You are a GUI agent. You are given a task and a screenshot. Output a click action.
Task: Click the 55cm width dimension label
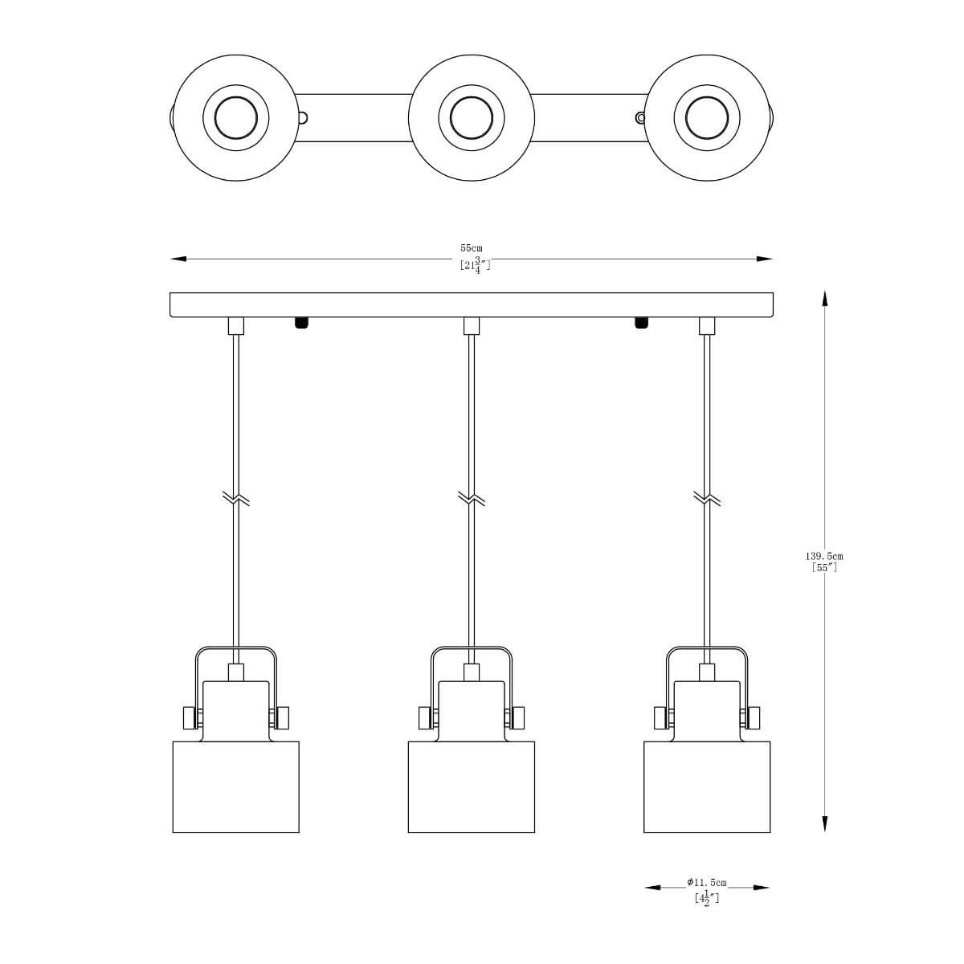click(x=472, y=247)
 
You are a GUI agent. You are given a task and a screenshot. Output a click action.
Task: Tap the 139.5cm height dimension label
click(x=824, y=556)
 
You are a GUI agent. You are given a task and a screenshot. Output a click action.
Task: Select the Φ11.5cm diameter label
click(x=706, y=882)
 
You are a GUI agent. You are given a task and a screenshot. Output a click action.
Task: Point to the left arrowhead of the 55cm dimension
click(x=178, y=259)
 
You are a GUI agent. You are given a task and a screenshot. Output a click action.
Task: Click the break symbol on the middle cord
click(x=472, y=498)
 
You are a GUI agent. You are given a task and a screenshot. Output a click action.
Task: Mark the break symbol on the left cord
click(x=235, y=498)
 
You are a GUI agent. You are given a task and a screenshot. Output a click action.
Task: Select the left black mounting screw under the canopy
click(x=300, y=323)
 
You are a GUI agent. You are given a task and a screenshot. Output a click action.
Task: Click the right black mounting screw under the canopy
click(x=641, y=323)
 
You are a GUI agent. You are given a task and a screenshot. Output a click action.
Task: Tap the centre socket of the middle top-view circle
click(x=472, y=118)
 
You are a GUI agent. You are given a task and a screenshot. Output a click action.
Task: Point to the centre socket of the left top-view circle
click(x=236, y=118)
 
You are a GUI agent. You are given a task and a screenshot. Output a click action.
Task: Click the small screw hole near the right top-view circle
click(x=640, y=118)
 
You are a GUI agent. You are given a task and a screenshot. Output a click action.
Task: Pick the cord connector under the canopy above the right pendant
click(x=707, y=325)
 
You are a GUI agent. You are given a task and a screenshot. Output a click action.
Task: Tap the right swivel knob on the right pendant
click(x=753, y=718)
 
